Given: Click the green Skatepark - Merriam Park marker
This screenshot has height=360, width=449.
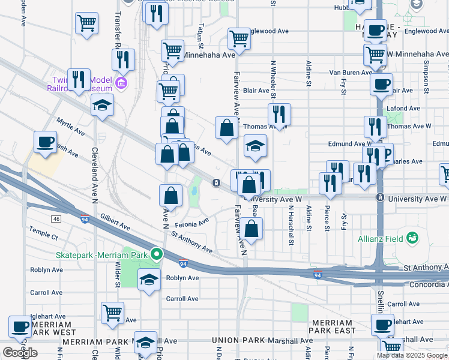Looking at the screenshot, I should tap(157, 254).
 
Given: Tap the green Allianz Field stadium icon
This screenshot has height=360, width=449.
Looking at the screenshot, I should tap(412, 238).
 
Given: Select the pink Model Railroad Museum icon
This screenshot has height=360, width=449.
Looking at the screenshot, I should tap(122, 82).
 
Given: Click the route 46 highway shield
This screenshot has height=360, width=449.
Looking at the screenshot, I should tap(56, 219).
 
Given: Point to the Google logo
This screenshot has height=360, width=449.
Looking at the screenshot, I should tap(20, 353).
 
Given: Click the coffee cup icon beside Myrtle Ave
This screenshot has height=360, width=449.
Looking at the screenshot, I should tap(45, 142).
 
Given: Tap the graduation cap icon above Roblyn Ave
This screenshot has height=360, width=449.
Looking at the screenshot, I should tap(149, 279).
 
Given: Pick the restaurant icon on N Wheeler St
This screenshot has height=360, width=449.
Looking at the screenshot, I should tap(279, 113).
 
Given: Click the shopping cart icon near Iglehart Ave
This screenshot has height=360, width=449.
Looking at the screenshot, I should tap(112, 313).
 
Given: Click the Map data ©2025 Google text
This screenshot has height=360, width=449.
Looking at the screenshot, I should tap(412, 355).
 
